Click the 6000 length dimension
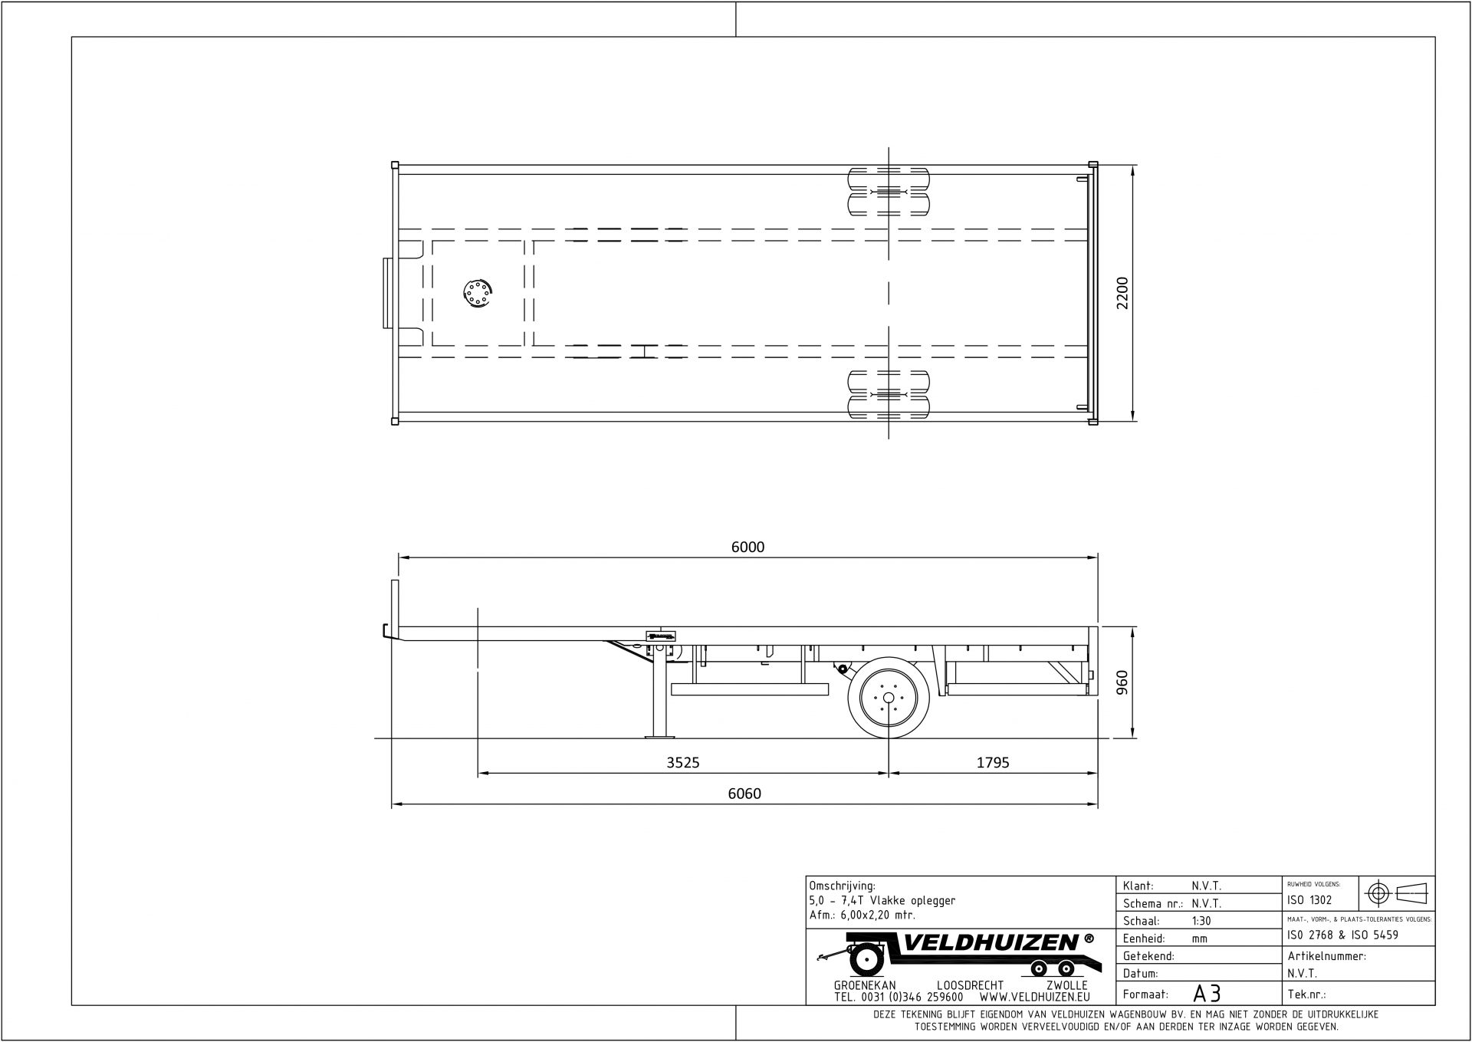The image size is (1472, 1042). click(747, 547)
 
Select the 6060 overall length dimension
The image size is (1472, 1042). click(744, 794)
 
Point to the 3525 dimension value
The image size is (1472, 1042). click(682, 763)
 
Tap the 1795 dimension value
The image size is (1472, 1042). click(993, 763)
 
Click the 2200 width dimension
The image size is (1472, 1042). click(1122, 293)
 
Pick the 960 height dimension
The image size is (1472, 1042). click(1122, 682)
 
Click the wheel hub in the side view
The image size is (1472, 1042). click(889, 698)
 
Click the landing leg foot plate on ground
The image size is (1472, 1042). click(659, 737)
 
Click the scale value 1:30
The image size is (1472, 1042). click(1201, 921)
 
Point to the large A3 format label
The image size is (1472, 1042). click(1207, 994)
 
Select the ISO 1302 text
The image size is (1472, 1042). click(1309, 900)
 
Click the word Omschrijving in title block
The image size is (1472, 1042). click(842, 886)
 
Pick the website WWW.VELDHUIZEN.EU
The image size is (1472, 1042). click(1034, 998)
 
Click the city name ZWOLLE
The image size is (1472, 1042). click(1066, 985)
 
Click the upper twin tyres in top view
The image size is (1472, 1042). click(888, 191)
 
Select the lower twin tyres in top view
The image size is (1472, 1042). click(888, 394)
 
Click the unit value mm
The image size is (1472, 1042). click(1199, 938)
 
